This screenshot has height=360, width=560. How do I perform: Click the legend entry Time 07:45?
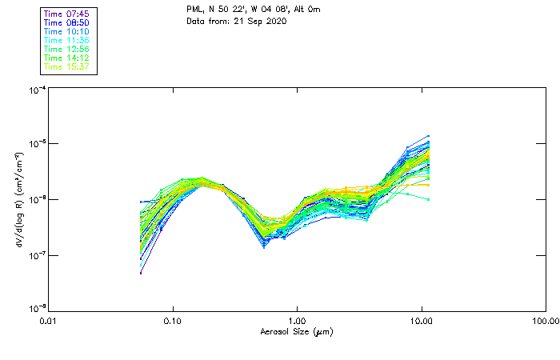[x=66, y=14]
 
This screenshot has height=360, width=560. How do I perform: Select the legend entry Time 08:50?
[x=66, y=22]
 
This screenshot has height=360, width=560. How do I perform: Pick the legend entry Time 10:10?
[x=66, y=31]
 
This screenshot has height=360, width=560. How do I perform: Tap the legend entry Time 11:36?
[x=66, y=40]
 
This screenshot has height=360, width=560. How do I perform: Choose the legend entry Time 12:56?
[x=66, y=49]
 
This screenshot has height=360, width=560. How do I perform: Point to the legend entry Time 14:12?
[x=66, y=58]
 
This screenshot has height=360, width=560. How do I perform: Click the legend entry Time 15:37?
[x=66, y=66]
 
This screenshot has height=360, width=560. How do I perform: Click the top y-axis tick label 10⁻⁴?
[x=37, y=90]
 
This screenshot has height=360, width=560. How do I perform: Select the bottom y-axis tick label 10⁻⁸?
[x=37, y=308]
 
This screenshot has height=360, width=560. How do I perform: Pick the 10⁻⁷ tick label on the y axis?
[x=37, y=254]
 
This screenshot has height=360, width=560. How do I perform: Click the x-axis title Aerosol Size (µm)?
[x=297, y=330]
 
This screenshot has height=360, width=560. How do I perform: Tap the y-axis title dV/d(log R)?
[x=19, y=199]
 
